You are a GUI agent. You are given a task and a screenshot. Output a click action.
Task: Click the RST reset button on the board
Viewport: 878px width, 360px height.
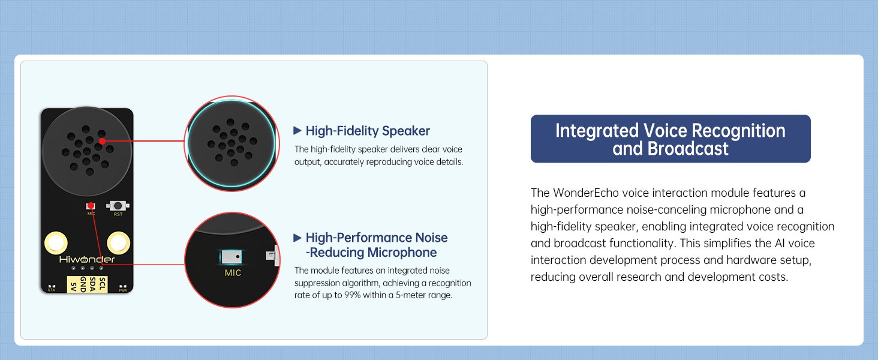point(118,205)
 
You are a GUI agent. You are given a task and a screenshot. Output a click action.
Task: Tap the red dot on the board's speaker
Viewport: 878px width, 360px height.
point(102,141)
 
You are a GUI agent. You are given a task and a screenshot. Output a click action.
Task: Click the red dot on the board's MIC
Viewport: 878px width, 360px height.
point(91,205)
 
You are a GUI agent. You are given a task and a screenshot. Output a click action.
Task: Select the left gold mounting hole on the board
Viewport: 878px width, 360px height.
point(56,243)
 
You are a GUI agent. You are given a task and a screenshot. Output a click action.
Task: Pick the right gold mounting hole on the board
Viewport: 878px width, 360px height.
point(118,243)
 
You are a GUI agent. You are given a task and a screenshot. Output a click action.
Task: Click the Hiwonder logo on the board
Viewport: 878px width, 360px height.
point(87,259)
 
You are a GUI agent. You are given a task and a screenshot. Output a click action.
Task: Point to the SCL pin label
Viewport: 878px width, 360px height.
point(103,284)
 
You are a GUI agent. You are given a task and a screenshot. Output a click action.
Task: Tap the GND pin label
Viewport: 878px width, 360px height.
point(83,284)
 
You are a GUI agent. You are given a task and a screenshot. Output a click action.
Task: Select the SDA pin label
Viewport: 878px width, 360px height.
point(93,284)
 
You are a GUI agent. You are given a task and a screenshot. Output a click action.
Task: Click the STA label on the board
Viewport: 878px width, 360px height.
point(52,290)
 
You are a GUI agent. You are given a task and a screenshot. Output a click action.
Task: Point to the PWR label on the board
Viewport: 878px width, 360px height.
point(123,290)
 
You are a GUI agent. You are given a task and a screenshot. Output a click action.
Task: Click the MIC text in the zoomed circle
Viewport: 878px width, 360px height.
point(233,273)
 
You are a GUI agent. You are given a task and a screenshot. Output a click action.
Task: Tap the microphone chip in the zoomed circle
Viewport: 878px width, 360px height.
point(231,257)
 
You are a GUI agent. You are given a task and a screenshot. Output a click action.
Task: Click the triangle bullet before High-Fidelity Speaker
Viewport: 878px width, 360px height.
point(297,131)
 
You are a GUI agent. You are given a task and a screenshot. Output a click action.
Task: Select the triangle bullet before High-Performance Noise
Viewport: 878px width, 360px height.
point(297,238)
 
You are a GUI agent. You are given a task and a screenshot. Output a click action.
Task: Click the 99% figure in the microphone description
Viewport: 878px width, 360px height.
point(353,295)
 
